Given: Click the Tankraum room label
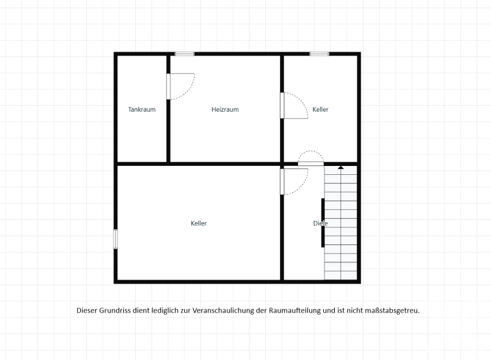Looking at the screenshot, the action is click(142, 109).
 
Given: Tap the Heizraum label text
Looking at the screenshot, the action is click(225, 109).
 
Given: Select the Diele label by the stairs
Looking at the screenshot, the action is click(320, 223).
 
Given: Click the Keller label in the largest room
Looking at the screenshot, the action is click(199, 223).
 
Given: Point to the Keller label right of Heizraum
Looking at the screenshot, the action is click(320, 109).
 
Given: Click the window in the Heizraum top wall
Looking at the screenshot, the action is click(184, 54).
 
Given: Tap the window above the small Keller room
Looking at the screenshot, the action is click(319, 54).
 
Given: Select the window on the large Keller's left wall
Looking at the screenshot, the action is click(115, 239).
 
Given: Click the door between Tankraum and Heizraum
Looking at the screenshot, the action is click(180, 86).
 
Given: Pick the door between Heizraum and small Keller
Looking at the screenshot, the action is click(294, 105).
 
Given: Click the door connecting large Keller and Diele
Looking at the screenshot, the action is click(294, 182).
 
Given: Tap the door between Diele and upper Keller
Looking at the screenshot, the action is click(311, 158).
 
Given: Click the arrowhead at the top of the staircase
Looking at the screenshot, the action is click(341, 168).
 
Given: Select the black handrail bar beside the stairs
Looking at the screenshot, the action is click(323, 223).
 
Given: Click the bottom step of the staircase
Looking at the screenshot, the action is click(341, 275).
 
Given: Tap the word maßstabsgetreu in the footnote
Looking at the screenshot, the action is click(392, 310).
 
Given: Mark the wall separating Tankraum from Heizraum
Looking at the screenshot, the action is click(168, 109).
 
